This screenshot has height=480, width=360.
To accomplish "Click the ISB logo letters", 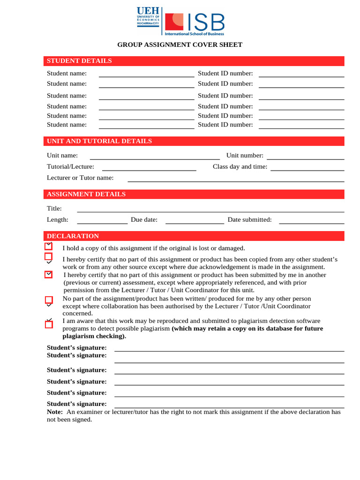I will pos(206,22).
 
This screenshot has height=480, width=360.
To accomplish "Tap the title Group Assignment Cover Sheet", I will pos(180,45).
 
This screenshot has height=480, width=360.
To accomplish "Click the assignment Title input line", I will pos(210,211).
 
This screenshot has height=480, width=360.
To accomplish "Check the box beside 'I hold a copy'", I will pos(48,247).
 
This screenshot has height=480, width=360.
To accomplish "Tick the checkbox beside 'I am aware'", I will pos(48,324).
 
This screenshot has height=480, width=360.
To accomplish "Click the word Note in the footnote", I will pos(54,412).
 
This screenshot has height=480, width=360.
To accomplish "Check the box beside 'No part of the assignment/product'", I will pos(48,300).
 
